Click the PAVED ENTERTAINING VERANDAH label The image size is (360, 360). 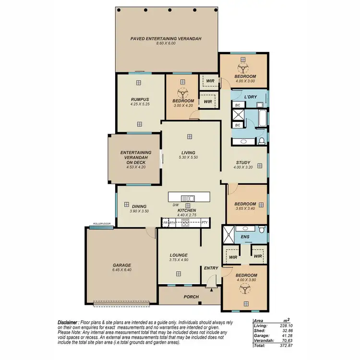point(166,38)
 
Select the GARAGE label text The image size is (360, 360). point(121,265)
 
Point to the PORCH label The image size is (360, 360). point(191,297)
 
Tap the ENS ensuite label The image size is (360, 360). point(245,237)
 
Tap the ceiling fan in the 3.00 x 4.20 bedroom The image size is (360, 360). point(182,92)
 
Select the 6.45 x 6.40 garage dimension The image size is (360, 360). point(121,270)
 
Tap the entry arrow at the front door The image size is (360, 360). point(210,289)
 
